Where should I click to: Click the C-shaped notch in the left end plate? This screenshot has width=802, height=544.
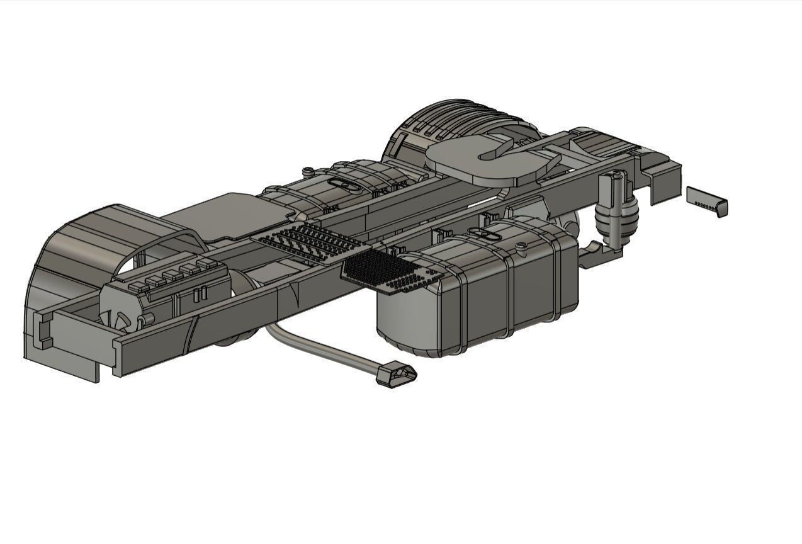[43, 329]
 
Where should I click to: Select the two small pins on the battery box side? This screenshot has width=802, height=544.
[200, 294]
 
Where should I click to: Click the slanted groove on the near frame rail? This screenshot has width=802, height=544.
[192, 334]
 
